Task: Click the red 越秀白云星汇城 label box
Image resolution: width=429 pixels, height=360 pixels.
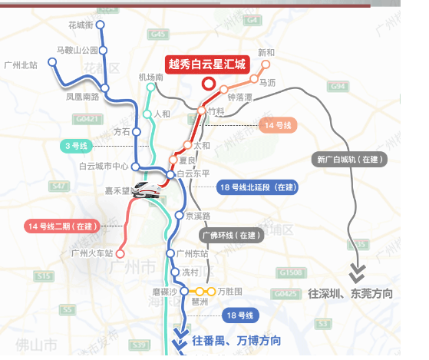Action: (206, 64)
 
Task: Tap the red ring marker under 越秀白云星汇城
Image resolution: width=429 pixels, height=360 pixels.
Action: (206, 84)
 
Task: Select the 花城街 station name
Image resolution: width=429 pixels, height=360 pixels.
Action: (81, 25)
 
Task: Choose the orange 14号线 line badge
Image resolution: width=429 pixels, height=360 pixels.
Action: (279, 124)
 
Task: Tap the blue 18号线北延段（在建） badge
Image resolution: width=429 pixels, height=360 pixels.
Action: (257, 187)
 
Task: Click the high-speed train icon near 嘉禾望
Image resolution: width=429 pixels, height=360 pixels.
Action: (147, 189)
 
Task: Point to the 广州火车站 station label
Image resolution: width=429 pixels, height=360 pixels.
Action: (91, 253)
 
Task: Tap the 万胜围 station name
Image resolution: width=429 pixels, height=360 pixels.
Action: (229, 292)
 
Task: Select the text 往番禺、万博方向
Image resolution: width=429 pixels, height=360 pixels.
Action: (236, 340)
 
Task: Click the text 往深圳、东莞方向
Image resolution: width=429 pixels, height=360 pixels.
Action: (351, 294)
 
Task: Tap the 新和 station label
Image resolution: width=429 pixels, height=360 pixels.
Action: (266, 53)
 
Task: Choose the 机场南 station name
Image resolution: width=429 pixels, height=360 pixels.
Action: (150, 78)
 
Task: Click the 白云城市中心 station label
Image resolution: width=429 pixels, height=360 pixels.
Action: (104, 167)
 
